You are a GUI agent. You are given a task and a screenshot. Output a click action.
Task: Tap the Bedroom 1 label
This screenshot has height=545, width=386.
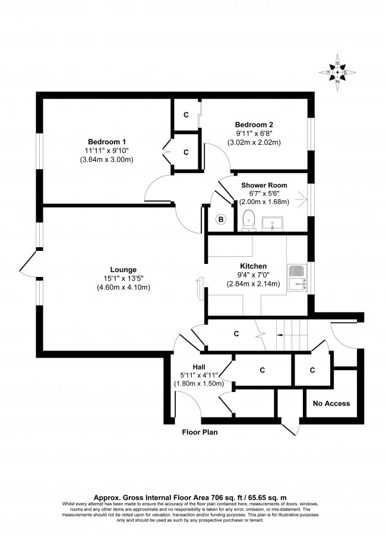click(x=107, y=142)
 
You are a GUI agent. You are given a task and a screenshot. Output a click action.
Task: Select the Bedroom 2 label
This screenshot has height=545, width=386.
click(x=254, y=125)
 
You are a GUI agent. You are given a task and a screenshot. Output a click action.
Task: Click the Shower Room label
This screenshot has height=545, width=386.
click(x=264, y=184)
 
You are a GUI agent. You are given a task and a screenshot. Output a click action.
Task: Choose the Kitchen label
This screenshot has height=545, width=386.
click(x=253, y=266)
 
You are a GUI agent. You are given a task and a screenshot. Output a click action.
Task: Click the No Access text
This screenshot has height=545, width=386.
click(x=331, y=404)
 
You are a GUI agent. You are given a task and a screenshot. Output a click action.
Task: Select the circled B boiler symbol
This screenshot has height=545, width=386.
click(x=221, y=220)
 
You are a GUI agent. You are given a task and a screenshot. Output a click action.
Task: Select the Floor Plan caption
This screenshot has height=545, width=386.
click(x=200, y=432)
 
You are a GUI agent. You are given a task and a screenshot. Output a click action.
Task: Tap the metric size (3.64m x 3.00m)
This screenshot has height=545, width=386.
click(x=107, y=160)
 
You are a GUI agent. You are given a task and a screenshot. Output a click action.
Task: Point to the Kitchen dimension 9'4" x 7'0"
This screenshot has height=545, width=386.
click(x=253, y=275)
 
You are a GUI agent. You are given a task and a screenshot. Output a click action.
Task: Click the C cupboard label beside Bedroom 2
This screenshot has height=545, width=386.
click(x=186, y=115)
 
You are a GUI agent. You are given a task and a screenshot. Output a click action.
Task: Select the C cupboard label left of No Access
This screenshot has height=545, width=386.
click(x=312, y=370)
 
